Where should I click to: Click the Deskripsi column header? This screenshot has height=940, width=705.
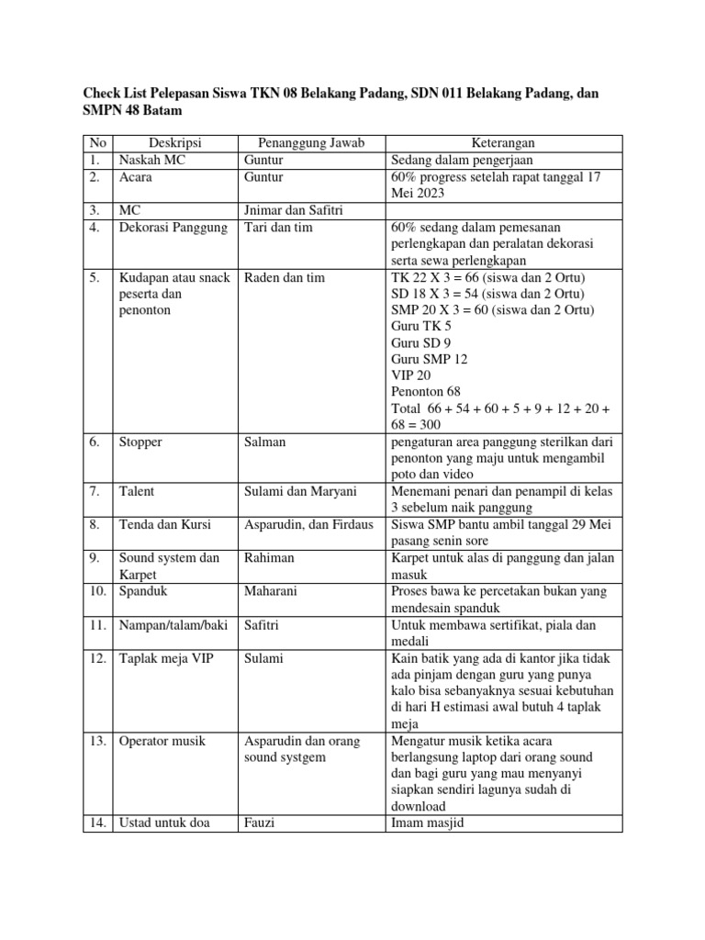174,142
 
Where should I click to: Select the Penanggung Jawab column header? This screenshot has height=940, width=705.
312,142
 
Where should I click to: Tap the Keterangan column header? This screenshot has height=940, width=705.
504,142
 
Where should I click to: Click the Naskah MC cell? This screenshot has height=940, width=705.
152,159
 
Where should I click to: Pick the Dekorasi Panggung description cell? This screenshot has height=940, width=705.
173,227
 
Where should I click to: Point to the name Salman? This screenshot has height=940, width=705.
266,442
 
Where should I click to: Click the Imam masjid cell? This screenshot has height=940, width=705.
429,822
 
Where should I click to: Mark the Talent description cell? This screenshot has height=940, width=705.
137,491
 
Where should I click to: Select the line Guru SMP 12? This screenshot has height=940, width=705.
430,359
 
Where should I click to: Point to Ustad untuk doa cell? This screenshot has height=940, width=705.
164,822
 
